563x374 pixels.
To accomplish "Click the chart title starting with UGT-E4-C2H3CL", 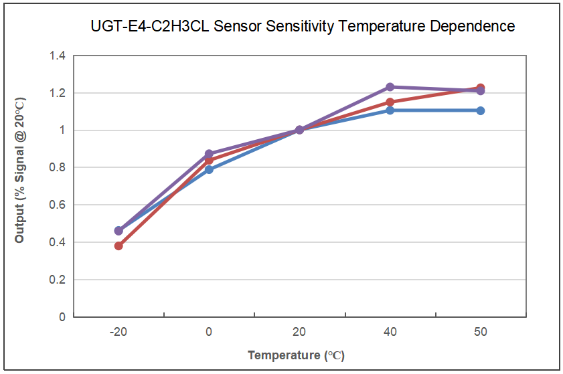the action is pyautogui.click(x=303, y=27).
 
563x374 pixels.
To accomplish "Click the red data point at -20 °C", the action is pyautogui.click(x=118, y=246).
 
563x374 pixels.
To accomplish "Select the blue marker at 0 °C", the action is pyautogui.click(x=209, y=169).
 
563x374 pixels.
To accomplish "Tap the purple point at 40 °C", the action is pyautogui.click(x=390, y=87).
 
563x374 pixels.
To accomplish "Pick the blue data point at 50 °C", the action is pyautogui.click(x=481, y=110).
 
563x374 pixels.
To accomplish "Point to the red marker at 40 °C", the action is pyautogui.click(x=390, y=102).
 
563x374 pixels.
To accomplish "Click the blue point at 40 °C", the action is pyautogui.click(x=390, y=110).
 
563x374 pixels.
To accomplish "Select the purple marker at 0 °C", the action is pyautogui.click(x=209, y=154).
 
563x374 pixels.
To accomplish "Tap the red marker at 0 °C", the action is pyautogui.click(x=209, y=161).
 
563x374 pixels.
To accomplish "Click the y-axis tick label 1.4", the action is pyautogui.click(x=58, y=56).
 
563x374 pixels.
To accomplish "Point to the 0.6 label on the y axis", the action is pyautogui.click(x=58, y=205).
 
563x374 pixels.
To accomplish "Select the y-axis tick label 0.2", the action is pyautogui.click(x=58, y=280).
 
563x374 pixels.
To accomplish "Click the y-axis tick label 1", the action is pyautogui.click(x=62, y=130).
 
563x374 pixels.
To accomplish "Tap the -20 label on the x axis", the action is pyautogui.click(x=118, y=332).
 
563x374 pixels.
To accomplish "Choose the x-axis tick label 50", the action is pyautogui.click(x=481, y=332).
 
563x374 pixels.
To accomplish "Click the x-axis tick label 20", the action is pyautogui.click(x=299, y=332).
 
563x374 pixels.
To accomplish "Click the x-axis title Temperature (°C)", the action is pyautogui.click(x=296, y=355).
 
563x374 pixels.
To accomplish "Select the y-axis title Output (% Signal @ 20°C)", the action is pyautogui.click(x=19, y=170).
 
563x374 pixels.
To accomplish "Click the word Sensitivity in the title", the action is pyautogui.click(x=299, y=27).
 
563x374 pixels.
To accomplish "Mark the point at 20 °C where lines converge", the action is pyautogui.click(x=299, y=130).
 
